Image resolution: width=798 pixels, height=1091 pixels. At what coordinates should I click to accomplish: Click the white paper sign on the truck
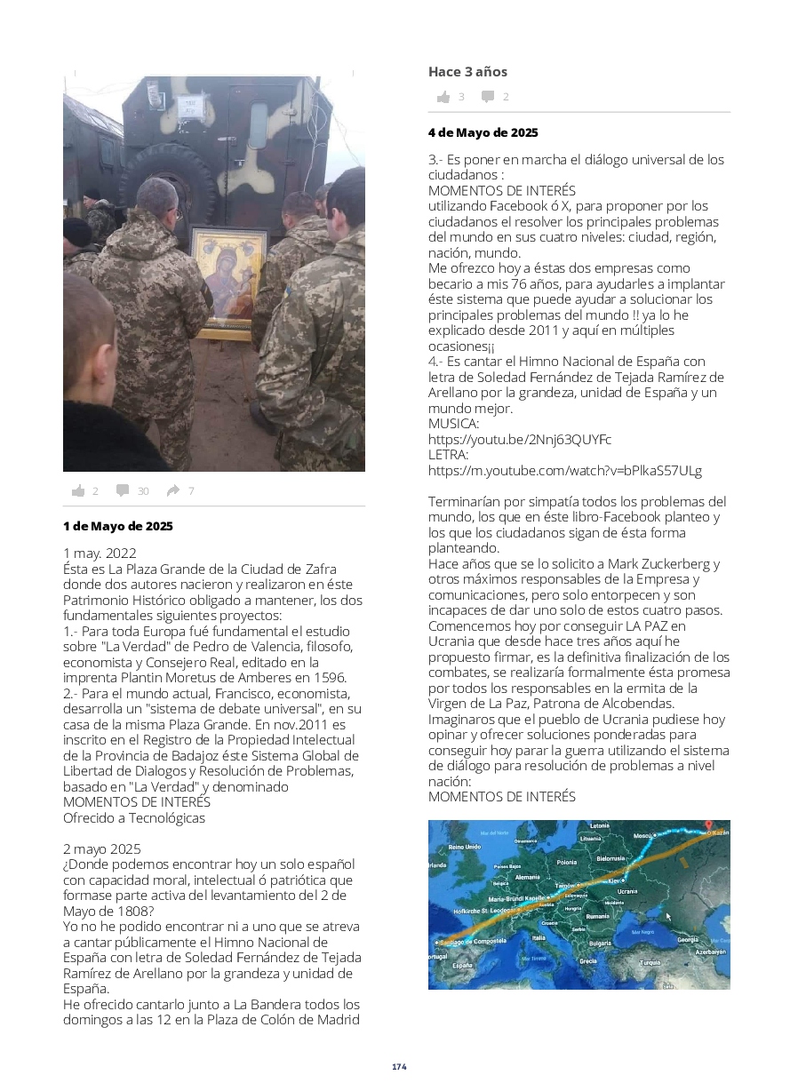[x=190, y=106]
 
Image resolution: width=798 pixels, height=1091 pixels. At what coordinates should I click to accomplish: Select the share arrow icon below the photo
[x=172, y=490]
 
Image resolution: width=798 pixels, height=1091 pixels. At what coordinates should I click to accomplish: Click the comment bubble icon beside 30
[x=123, y=490]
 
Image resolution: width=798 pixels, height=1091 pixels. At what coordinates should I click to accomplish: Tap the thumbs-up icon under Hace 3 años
[x=443, y=97]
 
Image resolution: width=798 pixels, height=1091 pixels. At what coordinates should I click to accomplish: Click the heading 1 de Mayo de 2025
[x=118, y=526]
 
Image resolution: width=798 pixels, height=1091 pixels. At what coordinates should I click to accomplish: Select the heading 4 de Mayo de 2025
[x=483, y=132]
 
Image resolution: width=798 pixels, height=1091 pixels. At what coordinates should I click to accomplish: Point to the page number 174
[x=399, y=1066]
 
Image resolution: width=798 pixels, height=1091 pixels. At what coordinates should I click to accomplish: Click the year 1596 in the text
[x=329, y=677]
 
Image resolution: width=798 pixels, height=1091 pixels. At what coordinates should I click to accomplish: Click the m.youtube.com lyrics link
[x=565, y=470]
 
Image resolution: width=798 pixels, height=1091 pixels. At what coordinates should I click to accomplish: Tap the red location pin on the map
[x=708, y=826]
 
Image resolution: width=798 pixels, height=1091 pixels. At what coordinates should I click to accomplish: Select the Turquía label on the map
[x=650, y=962]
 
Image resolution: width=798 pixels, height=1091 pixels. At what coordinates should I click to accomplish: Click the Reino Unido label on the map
[x=464, y=847]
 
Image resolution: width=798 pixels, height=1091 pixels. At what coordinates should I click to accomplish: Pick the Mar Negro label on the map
[x=642, y=932]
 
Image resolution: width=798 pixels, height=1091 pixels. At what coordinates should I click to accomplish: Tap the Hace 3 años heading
[x=467, y=72]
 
